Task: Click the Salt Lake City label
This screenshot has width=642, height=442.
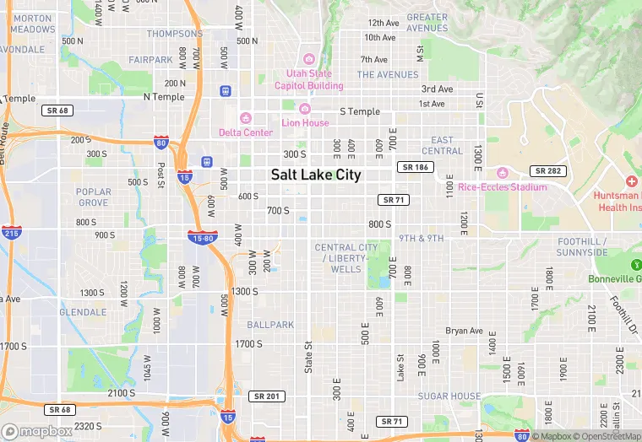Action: pyautogui.click(x=315, y=175)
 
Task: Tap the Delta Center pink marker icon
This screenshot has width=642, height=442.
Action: pyautogui.click(x=246, y=118)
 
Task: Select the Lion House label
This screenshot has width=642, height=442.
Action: pyautogui.click(x=305, y=122)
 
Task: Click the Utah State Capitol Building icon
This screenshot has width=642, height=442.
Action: pyautogui.click(x=309, y=59)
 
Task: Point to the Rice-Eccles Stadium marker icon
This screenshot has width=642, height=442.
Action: pyautogui.click(x=502, y=173)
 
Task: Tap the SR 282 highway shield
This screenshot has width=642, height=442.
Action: pyautogui.click(x=548, y=171)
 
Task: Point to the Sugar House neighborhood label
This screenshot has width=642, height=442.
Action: pyautogui.click(x=449, y=396)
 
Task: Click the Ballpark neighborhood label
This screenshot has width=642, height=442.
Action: pyautogui.click(x=270, y=325)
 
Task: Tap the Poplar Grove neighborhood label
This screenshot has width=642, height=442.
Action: pyautogui.click(x=93, y=197)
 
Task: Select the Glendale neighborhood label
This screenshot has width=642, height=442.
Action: pyautogui.click(x=83, y=311)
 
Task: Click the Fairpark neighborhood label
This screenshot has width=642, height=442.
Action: pyautogui.click(x=151, y=60)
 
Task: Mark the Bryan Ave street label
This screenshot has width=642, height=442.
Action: pyautogui.click(x=464, y=331)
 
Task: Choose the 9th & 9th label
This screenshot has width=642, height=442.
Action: pyautogui.click(x=422, y=239)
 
